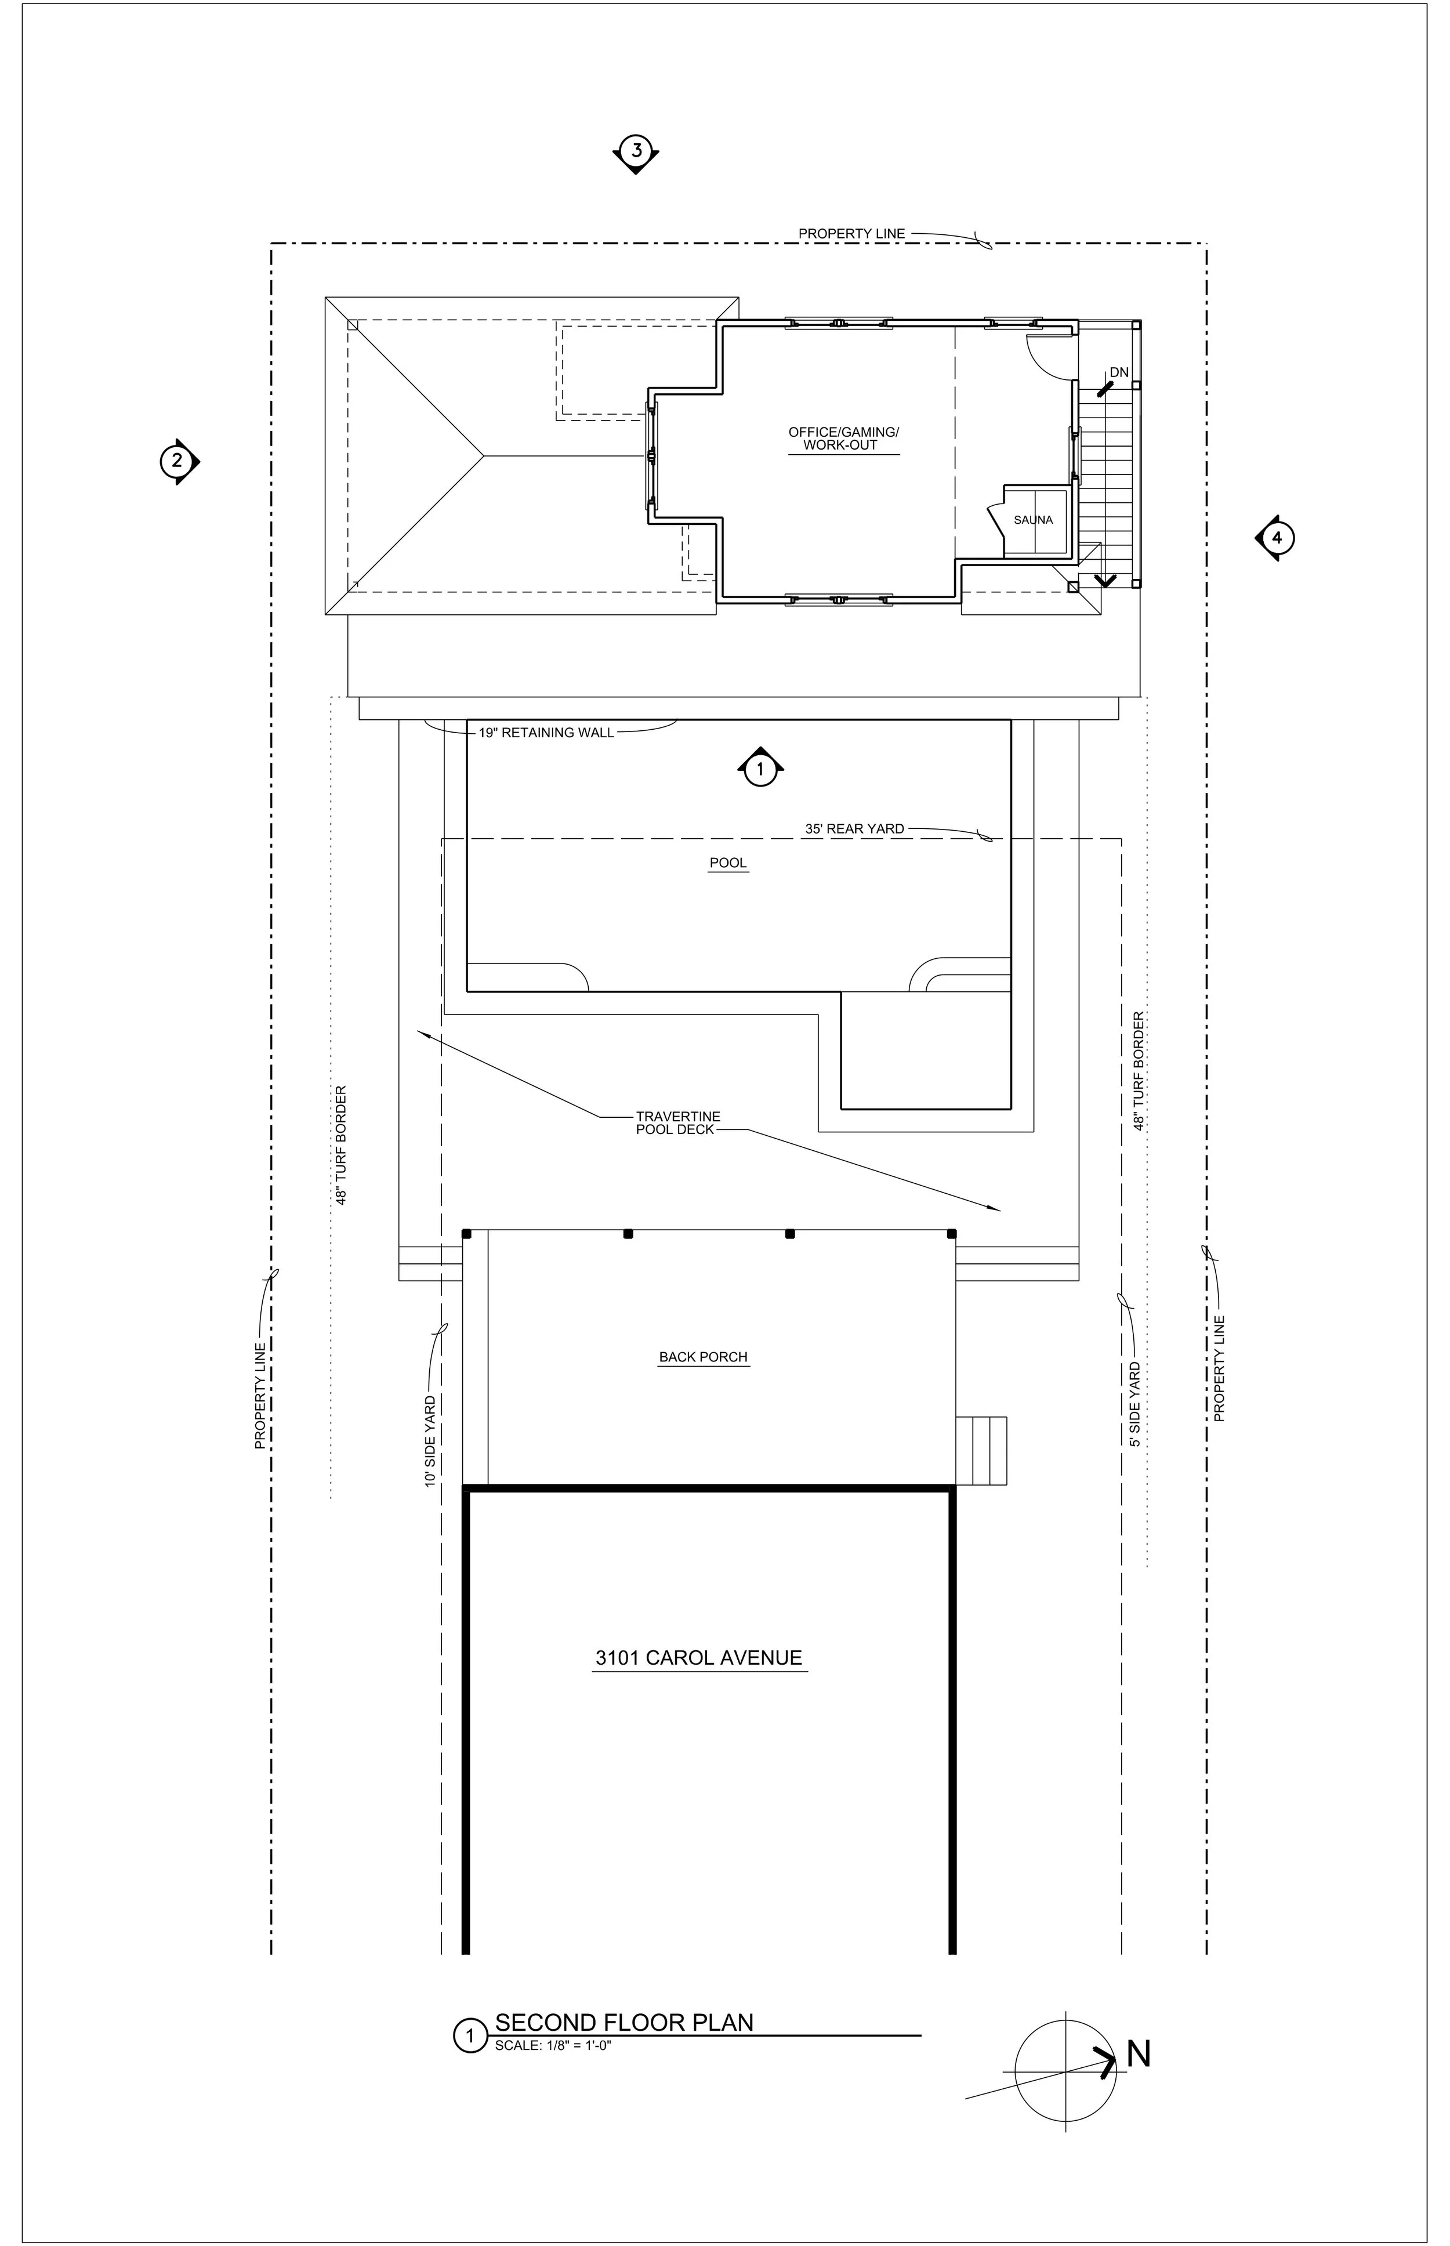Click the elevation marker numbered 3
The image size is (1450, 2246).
point(636,151)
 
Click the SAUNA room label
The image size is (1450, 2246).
point(1033,520)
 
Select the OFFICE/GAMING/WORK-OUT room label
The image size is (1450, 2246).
point(844,439)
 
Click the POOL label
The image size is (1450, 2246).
point(728,863)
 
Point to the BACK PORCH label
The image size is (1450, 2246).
point(704,1357)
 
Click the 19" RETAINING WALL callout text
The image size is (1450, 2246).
point(546,733)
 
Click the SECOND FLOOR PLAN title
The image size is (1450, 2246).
point(624,2022)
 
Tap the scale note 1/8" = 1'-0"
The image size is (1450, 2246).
point(554,2045)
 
